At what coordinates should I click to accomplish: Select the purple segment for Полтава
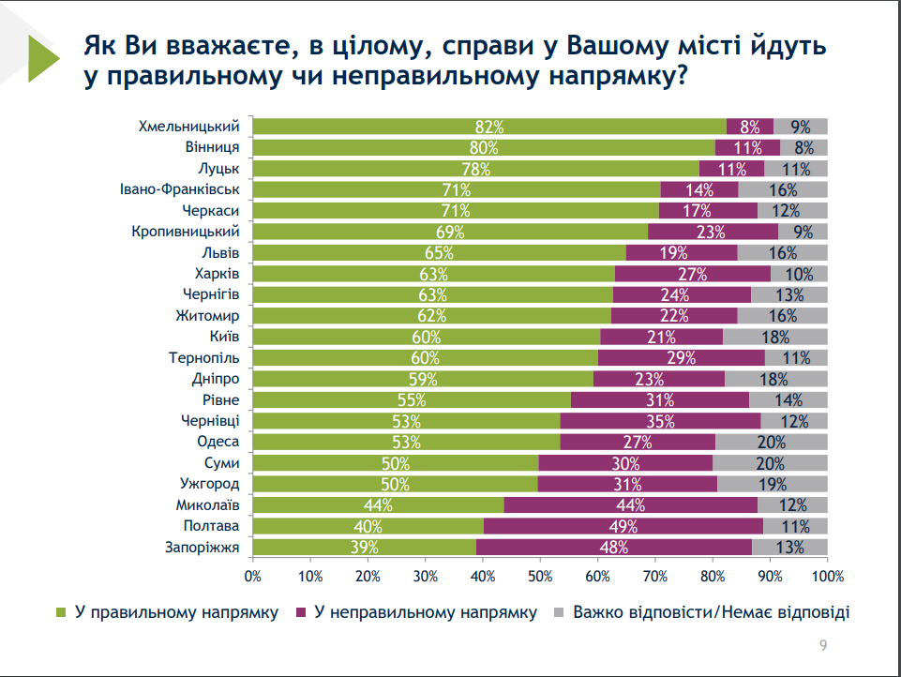pyautogui.click(x=623, y=526)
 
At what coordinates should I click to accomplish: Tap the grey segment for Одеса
pyautogui.click(x=771, y=442)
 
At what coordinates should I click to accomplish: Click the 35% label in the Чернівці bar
pyautogui.click(x=660, y=421)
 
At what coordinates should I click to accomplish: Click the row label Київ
pyautogui.click(x=225, y=337)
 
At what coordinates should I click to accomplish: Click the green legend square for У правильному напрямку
pyautogui.click(x=62, y=613)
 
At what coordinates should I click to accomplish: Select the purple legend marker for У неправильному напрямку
pyautogui.click(x=301, y=613)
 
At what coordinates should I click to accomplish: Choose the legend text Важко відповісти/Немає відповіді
pyautogui.click(x=712, y=613)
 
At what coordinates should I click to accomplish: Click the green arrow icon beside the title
pyautogui.click(x=43, y=61)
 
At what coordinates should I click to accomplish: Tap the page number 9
pyautogui.click(x=822, y=645)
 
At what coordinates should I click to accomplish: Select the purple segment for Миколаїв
pyautogui.click(x=630, y=505)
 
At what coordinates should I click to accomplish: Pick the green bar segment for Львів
pyautogui.click(x=439, y=252)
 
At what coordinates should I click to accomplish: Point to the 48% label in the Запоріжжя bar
pyautogui.click(x=613, y=548)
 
